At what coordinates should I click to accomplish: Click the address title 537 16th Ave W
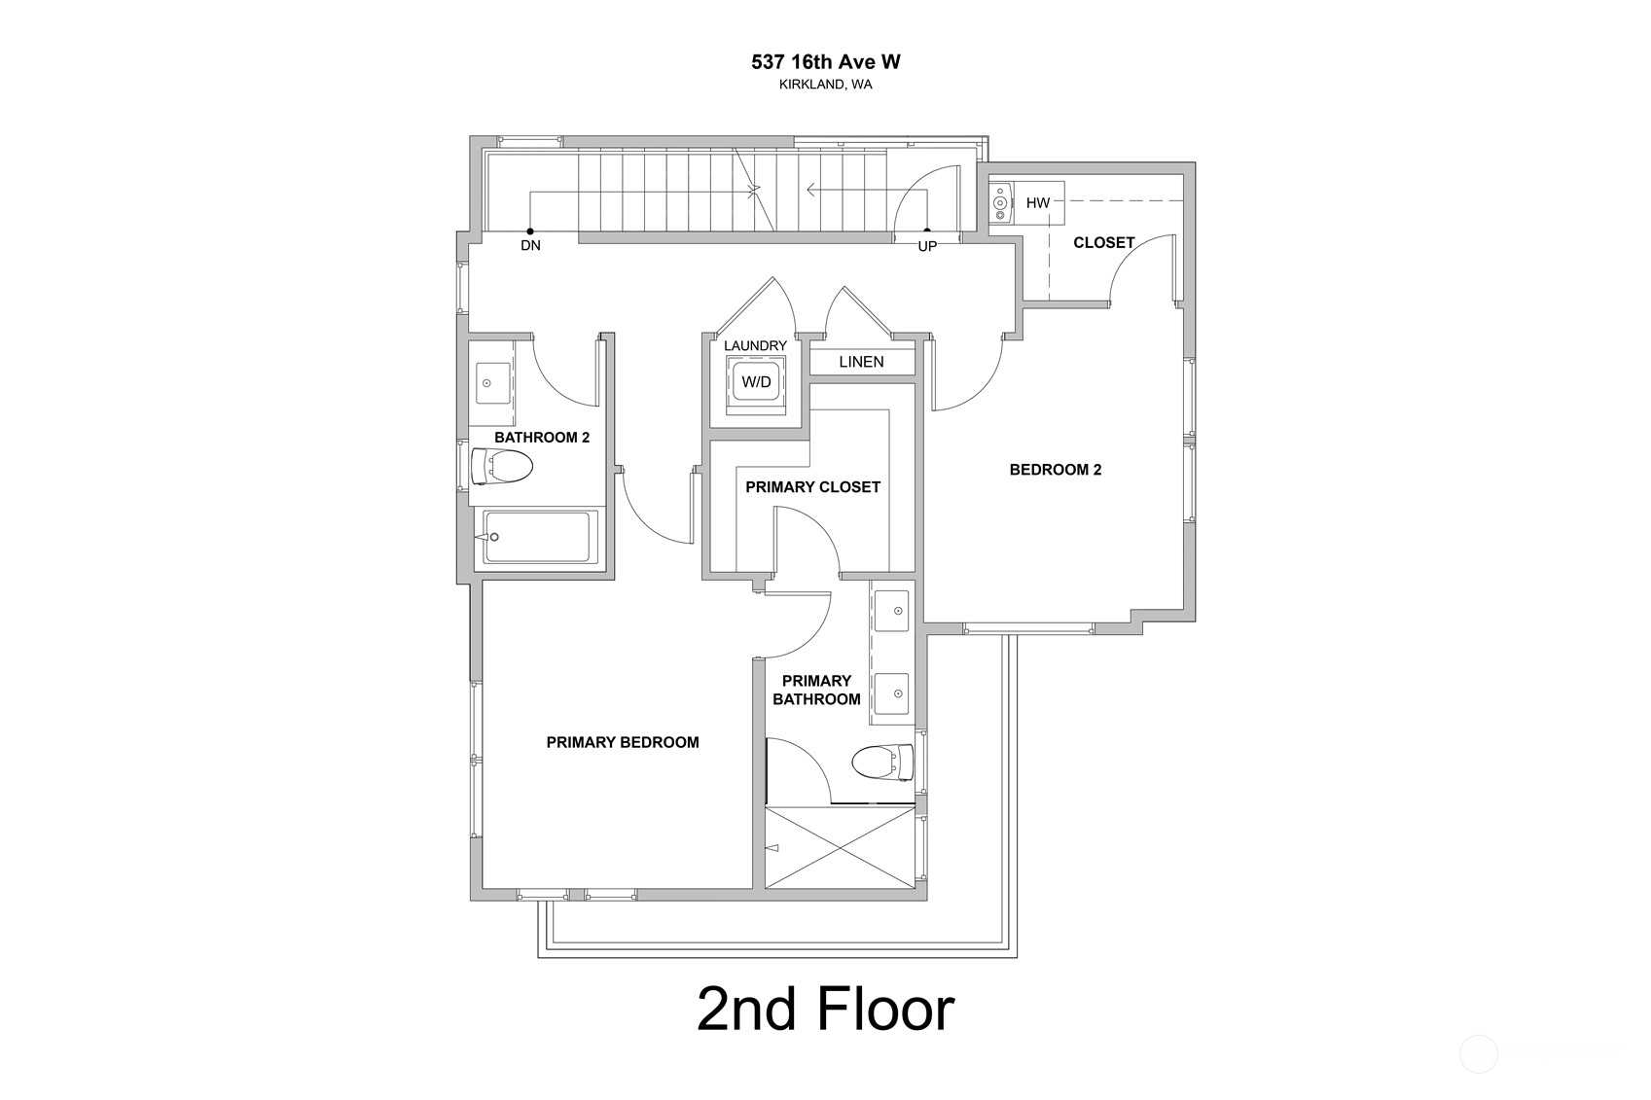(825, 62)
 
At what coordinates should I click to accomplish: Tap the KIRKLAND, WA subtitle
(825, 85)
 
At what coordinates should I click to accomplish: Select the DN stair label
(530, 245)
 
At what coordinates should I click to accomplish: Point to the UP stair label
(927, 246)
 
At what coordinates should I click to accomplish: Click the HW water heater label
(1038, 202)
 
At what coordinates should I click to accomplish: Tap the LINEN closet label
(862, 362)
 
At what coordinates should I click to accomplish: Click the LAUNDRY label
(756, 345)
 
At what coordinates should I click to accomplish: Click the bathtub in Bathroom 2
(537, 537)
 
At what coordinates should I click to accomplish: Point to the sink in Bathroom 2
(493, 383)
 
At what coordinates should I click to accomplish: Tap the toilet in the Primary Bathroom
(883, 762)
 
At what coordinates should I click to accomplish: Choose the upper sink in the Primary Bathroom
(891, 611)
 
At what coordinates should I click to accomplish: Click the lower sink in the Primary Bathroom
(891, 693)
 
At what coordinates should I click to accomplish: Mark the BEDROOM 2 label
(1056, 470)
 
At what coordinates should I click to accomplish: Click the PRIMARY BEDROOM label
(623, 743)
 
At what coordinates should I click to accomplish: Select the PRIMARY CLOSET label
(813, 487)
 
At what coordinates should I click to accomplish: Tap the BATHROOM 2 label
(542, 438)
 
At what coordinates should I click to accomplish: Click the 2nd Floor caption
(825, 1010)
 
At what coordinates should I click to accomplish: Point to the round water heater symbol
(1000, 202)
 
